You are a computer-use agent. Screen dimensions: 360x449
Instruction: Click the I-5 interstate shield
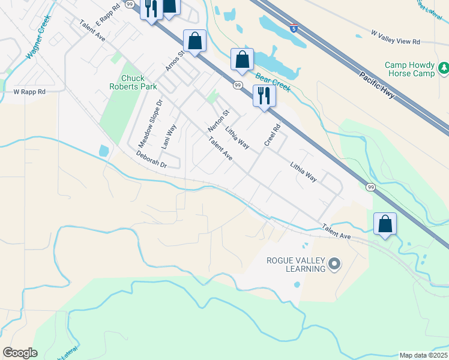tap(294, 27)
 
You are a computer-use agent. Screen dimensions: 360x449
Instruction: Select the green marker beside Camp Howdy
tap(443, 68)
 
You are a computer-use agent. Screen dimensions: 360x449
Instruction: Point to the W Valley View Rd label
tap(396, 41)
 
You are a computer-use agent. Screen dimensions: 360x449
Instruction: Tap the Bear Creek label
tap(273, 82)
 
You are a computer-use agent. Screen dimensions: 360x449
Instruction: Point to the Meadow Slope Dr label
tap(151, 124)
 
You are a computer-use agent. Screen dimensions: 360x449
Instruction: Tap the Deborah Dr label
tap(150, 159)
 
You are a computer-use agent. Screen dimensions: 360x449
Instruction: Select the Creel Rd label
tap(273, 135)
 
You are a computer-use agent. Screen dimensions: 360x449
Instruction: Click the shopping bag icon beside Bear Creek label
tap(242, 59)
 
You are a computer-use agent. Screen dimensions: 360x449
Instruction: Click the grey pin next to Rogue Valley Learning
tap(335, 263)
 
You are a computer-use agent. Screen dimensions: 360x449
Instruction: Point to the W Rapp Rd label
tap(29, 92)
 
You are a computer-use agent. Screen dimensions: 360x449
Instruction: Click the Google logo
tap(20, 353)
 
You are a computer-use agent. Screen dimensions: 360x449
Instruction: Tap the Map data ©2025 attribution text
tap(423, 355)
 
